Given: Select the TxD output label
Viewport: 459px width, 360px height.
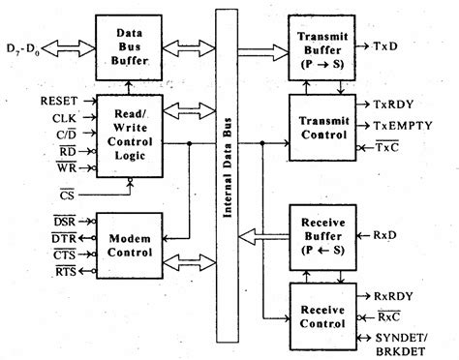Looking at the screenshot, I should tap(386, 45).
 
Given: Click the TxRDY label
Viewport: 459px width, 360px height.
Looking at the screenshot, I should tap(394, 104).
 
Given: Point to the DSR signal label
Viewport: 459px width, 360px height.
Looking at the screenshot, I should tap(65, 222).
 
